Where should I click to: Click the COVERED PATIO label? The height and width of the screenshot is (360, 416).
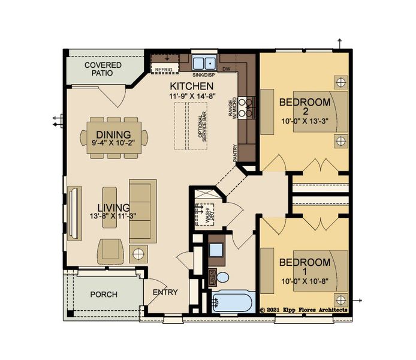(103, 70)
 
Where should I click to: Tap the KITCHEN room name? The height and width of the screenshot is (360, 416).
(191, 85)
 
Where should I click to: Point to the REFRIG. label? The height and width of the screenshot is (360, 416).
(164, 70)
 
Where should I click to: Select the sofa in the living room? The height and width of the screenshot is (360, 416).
(143, 210)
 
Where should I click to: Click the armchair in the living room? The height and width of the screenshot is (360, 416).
(112, 250)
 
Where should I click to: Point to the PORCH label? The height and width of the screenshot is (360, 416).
(103, 295)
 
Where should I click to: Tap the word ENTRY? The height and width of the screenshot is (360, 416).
(165, 292)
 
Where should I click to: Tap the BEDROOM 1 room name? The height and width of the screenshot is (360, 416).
(305, 268)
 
